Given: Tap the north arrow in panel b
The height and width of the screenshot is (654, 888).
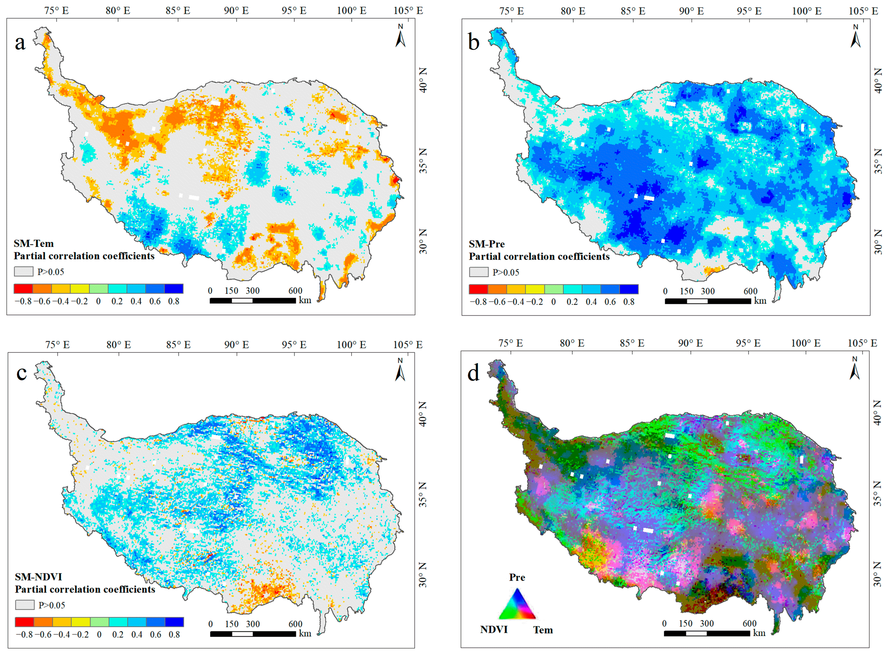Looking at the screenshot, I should coord(856,36).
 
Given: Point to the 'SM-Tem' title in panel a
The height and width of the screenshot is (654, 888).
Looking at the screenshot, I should coord(34,243).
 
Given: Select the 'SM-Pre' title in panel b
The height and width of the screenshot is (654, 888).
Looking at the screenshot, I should coord(487,244).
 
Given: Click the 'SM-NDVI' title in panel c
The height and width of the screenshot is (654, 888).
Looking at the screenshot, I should coord(38,577).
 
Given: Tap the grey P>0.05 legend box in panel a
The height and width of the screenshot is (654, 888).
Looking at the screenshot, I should coord(24,271).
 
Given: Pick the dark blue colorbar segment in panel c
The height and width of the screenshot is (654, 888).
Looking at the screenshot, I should coord(174,622).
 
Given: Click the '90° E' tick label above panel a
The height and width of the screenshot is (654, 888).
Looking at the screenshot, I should coord(236,10).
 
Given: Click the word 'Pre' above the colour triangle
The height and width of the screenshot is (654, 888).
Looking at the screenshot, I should coord(517,578).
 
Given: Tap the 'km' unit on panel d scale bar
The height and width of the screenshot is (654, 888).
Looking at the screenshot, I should coord(759,633).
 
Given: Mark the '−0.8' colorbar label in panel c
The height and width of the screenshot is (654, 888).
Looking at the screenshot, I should coord(24,635).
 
